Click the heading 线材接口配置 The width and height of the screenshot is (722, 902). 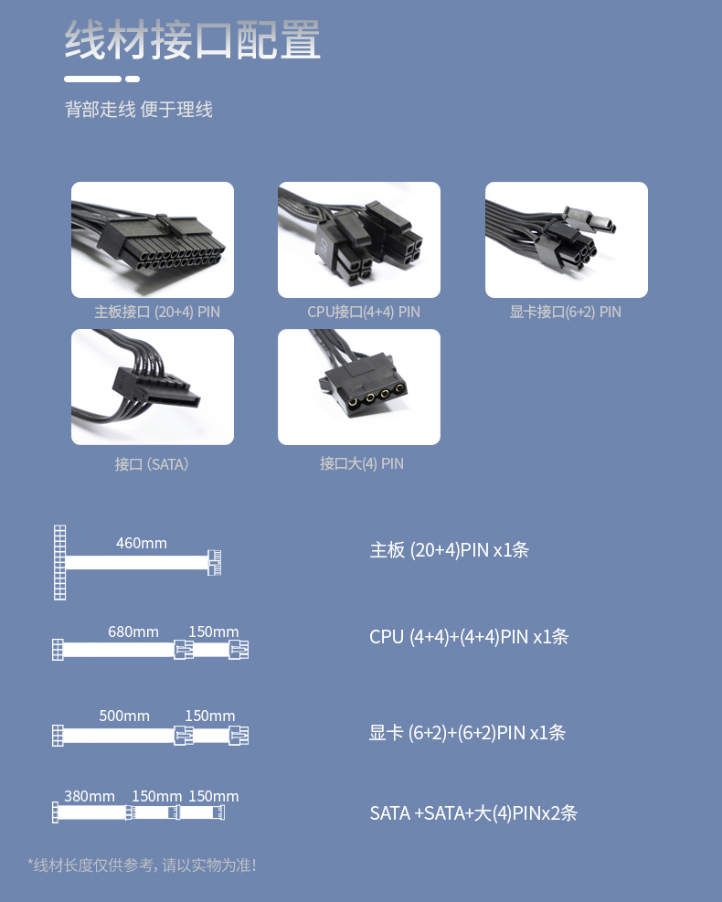tap(192, 39)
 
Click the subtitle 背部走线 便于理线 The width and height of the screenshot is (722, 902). tap(139, 110)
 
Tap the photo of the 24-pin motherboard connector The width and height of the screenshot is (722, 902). tap(153, 239)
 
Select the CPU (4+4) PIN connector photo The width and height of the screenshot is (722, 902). tap(359, 239)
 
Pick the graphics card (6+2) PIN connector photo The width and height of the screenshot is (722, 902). tap(567, 239)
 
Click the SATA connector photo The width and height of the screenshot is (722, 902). tap(153, 387)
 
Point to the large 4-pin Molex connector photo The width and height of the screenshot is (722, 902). tap(359, 387)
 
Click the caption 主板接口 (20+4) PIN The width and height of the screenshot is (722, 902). tap(157, 312)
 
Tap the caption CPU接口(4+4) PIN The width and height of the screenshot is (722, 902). tap(364, 312)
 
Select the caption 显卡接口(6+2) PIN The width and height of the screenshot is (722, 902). tap(566, 312)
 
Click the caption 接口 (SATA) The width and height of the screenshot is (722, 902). tap(152, 464)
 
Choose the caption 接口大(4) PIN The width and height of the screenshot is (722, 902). tap(362, 463)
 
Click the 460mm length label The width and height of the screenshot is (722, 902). tap(142, 543)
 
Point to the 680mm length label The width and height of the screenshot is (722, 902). tap(133, 631)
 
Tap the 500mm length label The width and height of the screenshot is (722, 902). tap(124, 716)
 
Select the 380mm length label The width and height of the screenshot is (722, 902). tap(90, 796)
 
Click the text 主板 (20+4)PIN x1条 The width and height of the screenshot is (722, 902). tap(450, 550)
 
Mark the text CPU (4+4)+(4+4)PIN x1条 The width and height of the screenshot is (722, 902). tap(469, 637)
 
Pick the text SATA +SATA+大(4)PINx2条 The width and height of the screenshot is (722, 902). tap(473, 813)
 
